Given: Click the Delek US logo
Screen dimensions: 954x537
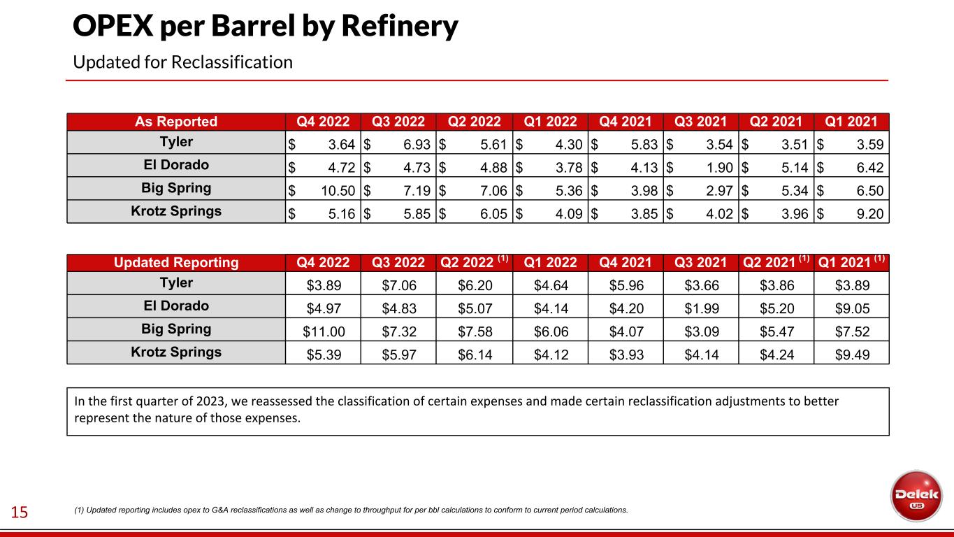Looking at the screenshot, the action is [x=916, y=496].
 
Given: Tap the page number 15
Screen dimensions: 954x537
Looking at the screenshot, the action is [x=19, y=512].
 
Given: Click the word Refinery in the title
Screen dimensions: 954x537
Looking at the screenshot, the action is [x=400, y=27].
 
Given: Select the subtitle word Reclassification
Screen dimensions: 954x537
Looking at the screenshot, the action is [x=232, y=62].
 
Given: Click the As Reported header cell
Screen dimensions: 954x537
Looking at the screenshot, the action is [x=176, y=122].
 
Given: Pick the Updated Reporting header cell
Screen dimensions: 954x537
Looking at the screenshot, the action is [x=176, y=262].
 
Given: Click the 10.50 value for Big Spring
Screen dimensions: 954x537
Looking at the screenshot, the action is [x=338, y=191].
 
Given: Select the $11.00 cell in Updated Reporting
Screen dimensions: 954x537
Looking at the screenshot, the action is [x=324, y=331].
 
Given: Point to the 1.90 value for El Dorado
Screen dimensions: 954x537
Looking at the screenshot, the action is [x=719, y=168].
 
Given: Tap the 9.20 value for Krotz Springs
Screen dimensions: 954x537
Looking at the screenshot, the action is [x=870, y=214].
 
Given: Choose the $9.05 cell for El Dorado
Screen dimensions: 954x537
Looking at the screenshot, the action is [x=852, y=308].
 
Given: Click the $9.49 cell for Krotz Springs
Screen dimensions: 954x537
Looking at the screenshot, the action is [x=852, y=355].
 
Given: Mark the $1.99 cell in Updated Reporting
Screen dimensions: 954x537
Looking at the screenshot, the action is [x=702, y=308].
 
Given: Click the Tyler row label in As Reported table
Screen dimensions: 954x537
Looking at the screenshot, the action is [x=176, y=141].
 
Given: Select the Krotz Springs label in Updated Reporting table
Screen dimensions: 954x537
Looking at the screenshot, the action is [x=176, y=352].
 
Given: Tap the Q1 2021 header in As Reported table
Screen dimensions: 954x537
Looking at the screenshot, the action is [x=851, y=122].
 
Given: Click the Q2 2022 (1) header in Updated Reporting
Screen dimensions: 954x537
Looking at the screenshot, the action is [x=474, y=262].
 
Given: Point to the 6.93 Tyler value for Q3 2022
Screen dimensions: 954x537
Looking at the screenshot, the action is [x=417, y=145].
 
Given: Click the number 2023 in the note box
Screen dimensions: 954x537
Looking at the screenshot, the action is [x=210, y=401].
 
